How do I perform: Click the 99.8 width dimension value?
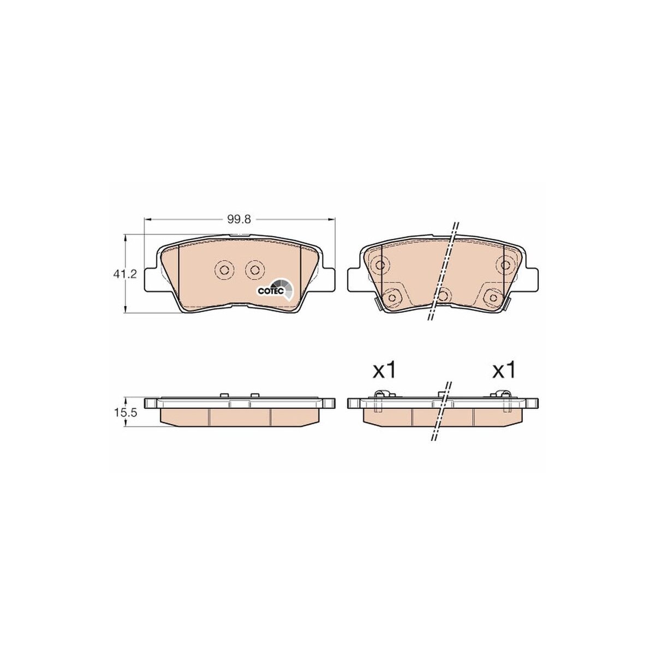pyautogui.click(x=239, y=219)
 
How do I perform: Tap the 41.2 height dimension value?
pyautogui.click(x=125, y=273)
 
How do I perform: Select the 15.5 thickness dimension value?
pyautogui.click(x=125, y=413)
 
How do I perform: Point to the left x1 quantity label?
pyautogui.click(x=384, y=370)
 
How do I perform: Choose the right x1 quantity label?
pyautogui.click(x=504, y=370)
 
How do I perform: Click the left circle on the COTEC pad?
pyautogui.click(x=224, y=270)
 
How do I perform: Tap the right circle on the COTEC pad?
pyautogui.click(x=254, y=270)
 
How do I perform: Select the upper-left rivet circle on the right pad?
pyautogui.click(x=380, y=264)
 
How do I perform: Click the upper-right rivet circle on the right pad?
pyautogui.click(x=505, y=264)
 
